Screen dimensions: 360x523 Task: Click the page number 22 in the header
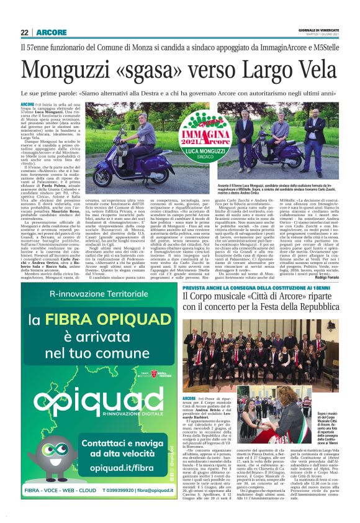point(24,32)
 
